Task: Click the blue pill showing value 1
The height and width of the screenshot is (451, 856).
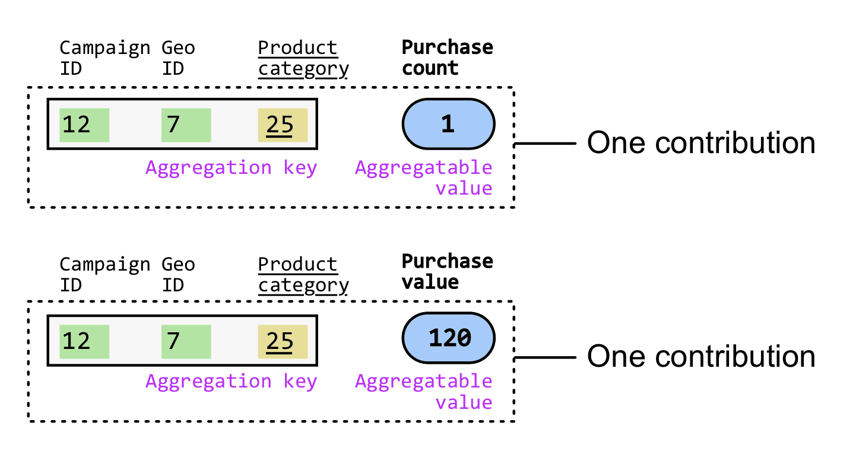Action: click(448, 125)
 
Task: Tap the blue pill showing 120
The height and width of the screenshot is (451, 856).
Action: click(448, 338)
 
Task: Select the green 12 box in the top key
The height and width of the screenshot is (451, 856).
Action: click(84, 125)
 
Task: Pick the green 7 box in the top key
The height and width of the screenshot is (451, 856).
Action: click(186, 125)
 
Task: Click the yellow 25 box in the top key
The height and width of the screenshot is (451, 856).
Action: click(283, 125)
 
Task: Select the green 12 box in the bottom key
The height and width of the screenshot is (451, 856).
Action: click(84, 341)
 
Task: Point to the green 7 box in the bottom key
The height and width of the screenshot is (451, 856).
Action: click(186, 341)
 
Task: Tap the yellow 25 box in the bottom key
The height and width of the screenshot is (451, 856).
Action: click(283, 341)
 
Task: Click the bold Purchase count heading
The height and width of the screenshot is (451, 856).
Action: click(447, 58)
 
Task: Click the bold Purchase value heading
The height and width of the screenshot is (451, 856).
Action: click(447, 272)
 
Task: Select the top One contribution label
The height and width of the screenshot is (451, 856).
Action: click(700, 143)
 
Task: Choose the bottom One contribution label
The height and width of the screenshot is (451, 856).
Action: click(700, 357)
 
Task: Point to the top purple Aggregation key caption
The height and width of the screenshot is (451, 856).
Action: click(231, 168)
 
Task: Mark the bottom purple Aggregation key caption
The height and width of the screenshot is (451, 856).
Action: click(231, 382)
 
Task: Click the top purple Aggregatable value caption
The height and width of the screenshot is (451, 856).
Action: click(424, 177)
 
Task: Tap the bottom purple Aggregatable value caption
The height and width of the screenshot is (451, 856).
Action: click(424, 391)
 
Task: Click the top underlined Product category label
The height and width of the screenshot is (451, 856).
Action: click(303, 58)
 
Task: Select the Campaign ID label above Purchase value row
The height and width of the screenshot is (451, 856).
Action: click(104, 274)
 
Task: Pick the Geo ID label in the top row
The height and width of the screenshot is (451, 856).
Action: click(178, 58)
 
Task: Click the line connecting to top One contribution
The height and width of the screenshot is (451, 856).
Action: click(545, 144)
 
